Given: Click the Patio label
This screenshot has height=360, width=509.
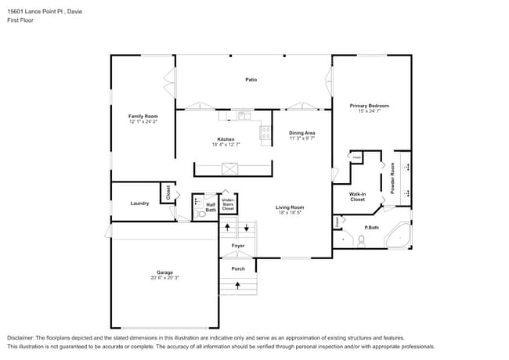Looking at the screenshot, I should click(x=251, y=79).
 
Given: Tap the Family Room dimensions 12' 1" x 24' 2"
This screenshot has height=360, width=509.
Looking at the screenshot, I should click(x=143, y=121).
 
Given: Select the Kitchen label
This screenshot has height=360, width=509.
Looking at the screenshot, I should click(x=226, y=139).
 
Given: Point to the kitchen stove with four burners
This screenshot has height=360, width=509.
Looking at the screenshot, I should click(x=265, y=132).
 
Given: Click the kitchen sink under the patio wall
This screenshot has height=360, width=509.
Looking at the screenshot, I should click(x=243, y=117).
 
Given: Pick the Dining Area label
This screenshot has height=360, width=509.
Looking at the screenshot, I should click(x=301, y=133).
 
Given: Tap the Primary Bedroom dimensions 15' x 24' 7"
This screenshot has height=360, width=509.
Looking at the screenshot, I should click(x=369, y=111).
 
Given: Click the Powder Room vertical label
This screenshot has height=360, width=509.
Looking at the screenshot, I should click(x=392, y=180).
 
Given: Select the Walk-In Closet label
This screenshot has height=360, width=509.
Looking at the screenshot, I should click(x=357, y=196).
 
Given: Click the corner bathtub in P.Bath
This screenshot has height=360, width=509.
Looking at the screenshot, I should click(x=399, y=236).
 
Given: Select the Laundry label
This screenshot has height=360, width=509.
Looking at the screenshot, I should click(x=139, y=203).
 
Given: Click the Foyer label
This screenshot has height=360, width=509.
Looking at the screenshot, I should click(x=238, y=246).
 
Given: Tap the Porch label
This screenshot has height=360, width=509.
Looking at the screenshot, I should click(x=238, y=268).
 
